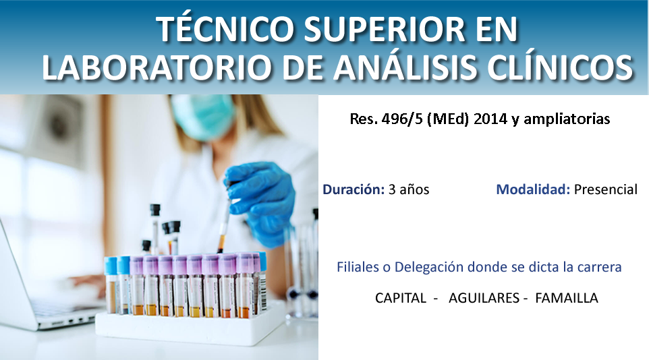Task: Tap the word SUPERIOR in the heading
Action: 385,30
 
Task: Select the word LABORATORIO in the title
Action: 158,67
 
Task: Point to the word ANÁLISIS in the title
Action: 405,66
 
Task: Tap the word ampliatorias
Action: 567,119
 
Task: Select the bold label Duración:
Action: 354,189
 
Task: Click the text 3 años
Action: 409,189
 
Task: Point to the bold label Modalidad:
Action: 533,189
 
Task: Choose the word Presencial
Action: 606,189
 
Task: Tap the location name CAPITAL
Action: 400,298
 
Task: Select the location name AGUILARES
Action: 484,298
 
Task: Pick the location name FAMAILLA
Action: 566,298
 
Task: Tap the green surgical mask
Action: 203,117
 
